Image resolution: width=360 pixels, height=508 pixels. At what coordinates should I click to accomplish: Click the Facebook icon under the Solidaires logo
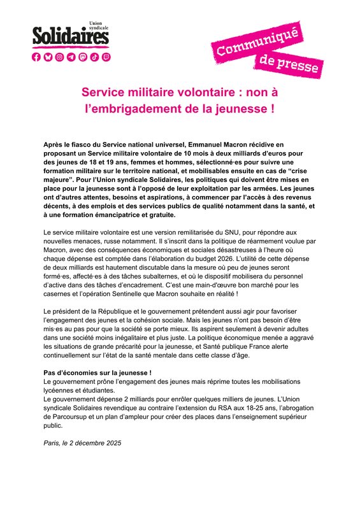click(36, 57)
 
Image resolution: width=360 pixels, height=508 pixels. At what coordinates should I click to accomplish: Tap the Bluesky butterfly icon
click(48, 57)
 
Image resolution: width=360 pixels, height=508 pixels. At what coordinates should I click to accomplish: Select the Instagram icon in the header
click(59, 57)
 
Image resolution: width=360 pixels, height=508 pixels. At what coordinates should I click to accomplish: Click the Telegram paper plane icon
click(71, 57)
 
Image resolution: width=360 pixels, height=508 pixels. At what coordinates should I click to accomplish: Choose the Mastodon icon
click(82, 57)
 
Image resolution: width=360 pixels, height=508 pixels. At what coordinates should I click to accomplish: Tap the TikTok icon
click(94, 57)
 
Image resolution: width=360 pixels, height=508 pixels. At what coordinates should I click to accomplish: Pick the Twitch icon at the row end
click(105, 57)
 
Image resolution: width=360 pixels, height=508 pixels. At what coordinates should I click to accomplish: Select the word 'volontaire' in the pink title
click(196, 92)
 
